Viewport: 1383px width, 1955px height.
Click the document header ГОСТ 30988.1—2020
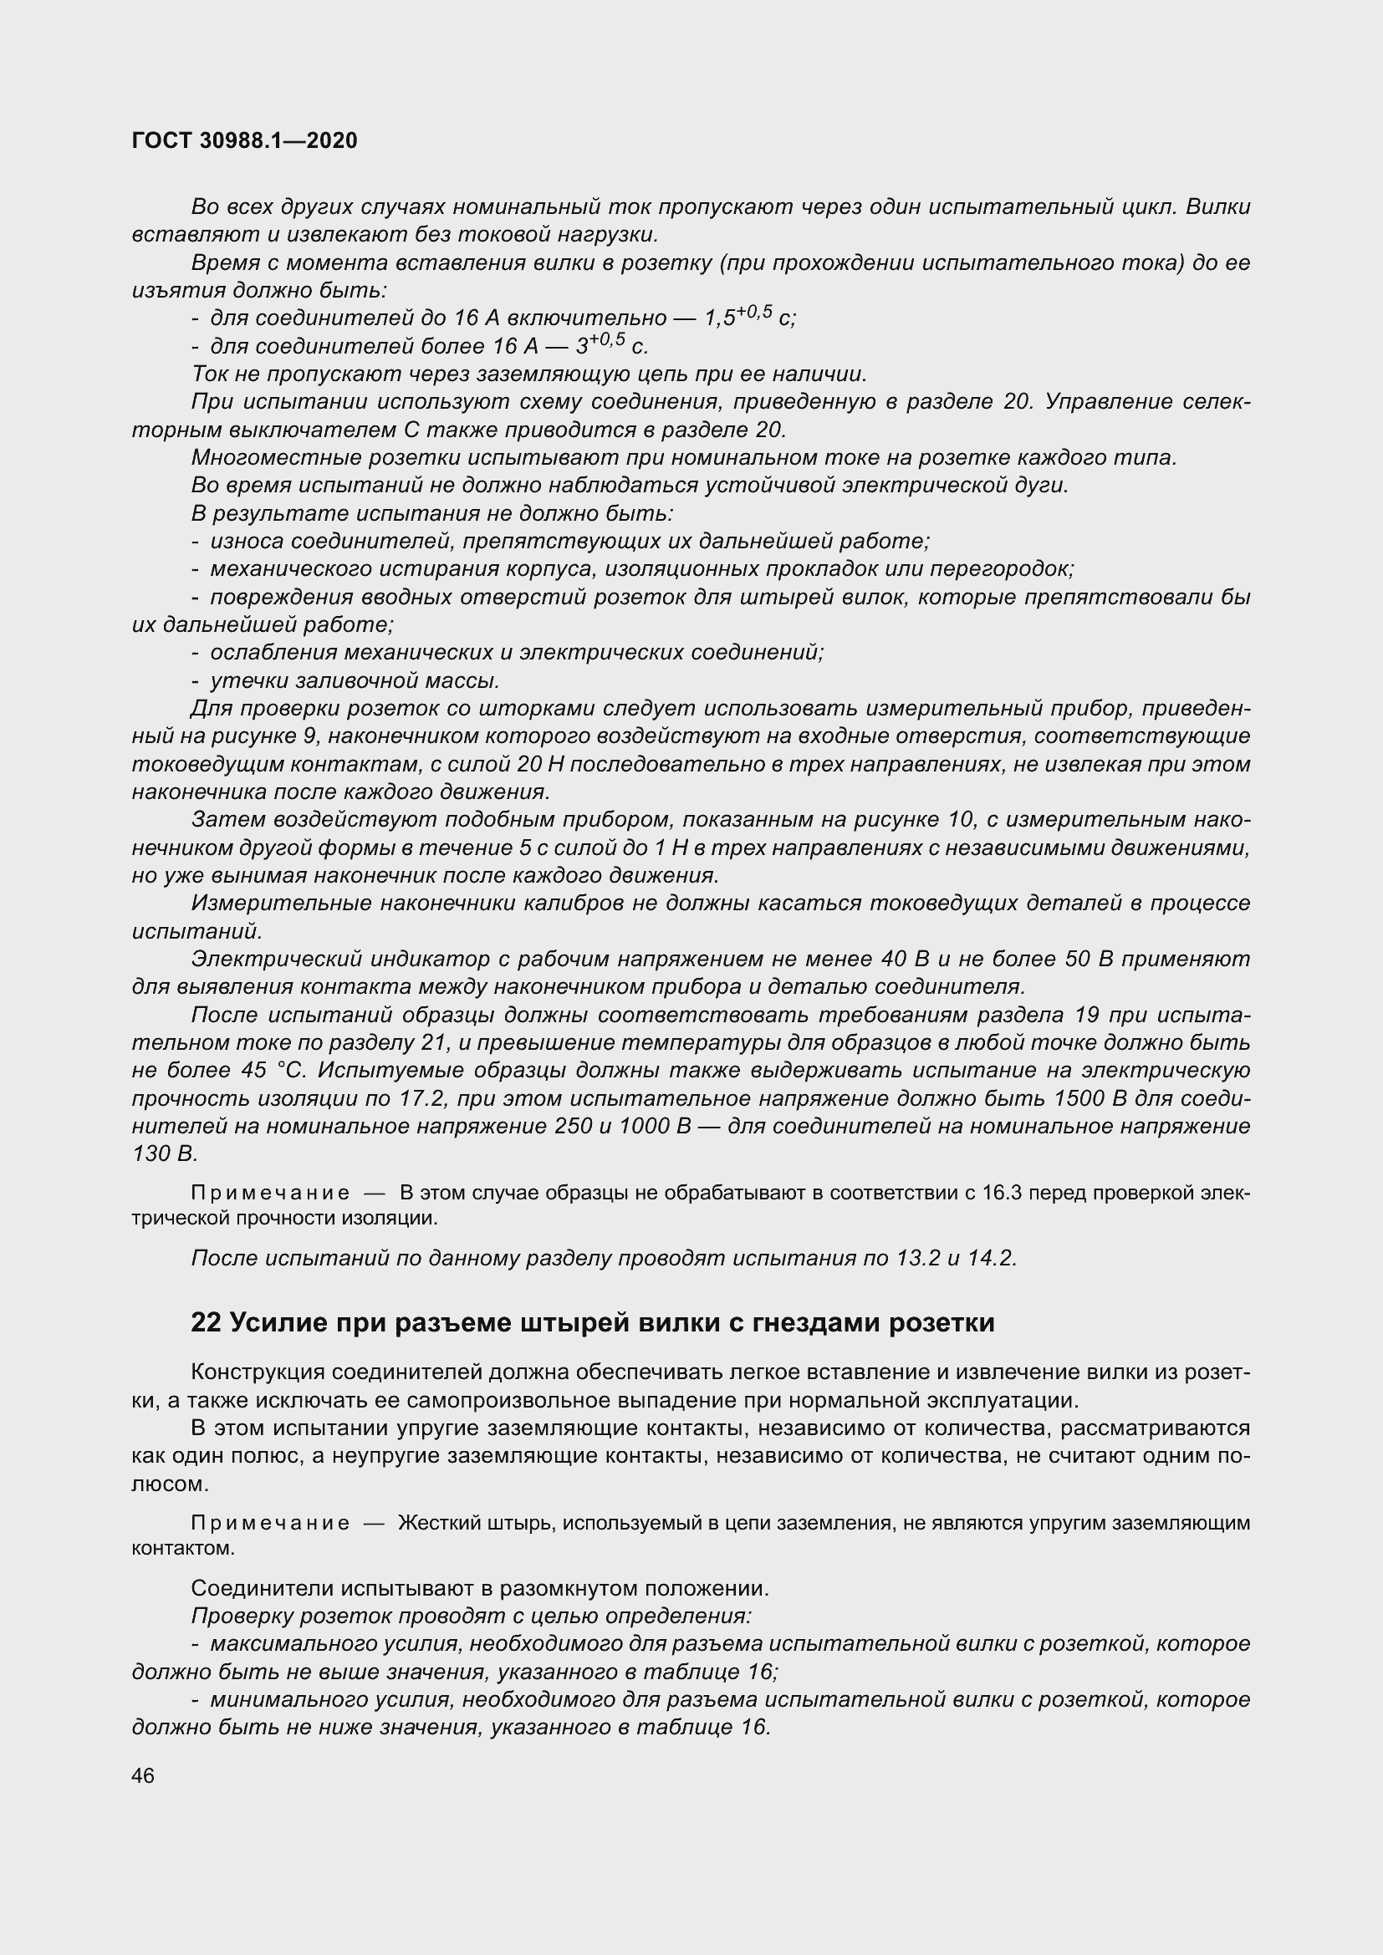tap(244, 140)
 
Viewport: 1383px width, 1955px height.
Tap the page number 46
tap(143, 1775)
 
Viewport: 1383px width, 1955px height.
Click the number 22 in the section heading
tap(206, 1322)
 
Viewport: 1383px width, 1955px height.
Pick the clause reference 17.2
tap(421, 1098)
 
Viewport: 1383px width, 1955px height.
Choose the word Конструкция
tap(258, 1372)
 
